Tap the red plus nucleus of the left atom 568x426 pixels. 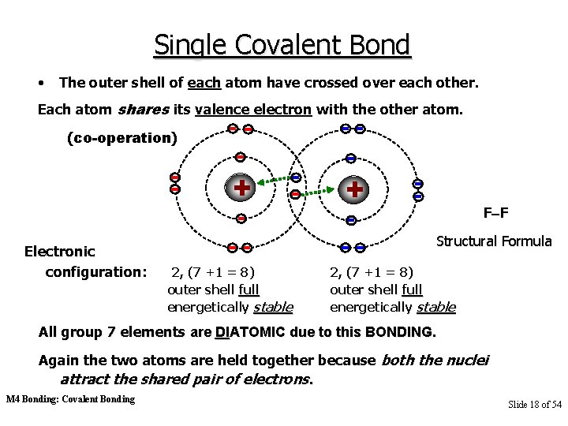click(241, 189)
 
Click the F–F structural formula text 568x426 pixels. click(495, 212)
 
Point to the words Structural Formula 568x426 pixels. click(494, 240)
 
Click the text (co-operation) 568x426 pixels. click(123, 137)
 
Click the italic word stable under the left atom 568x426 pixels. click(272, 306)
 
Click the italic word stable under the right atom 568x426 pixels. click(435, 306)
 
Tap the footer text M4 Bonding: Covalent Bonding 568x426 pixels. click(70, 399)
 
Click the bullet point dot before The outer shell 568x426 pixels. click(39, 82)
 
